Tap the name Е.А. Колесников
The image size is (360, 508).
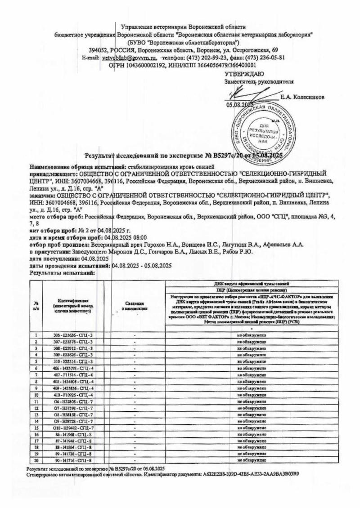pos(302,97)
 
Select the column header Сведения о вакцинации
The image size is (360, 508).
pos(135,306)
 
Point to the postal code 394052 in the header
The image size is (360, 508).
pos(98,50)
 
